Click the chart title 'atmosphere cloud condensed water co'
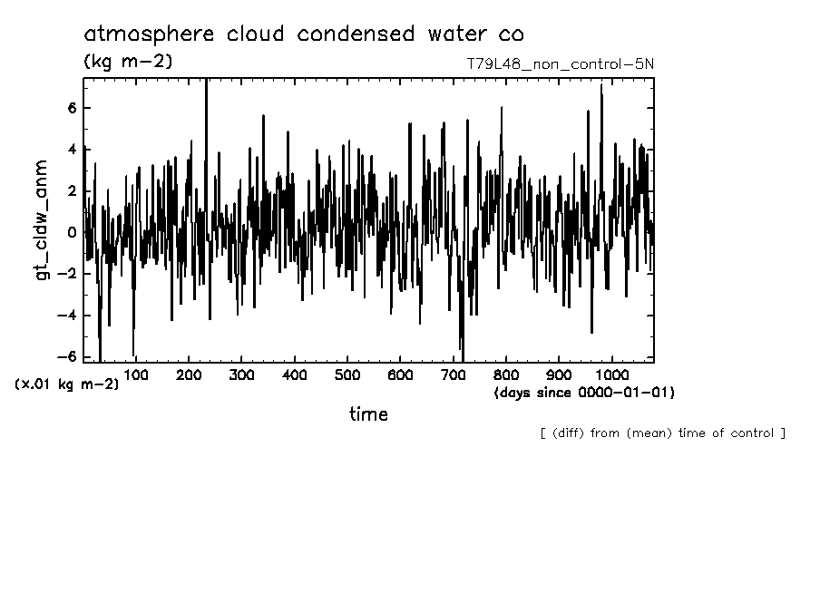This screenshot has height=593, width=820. (303, 34)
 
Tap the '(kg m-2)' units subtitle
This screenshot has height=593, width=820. (127, 62)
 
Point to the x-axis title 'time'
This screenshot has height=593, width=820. (368, 414)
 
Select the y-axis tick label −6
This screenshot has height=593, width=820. (71, 356)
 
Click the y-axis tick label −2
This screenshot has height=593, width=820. (71, 274)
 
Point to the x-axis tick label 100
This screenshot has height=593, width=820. (136, 375)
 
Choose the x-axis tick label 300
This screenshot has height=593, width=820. (241, 375)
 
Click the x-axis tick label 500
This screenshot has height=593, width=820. (347, 375)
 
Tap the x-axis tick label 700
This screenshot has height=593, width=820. (453, 375)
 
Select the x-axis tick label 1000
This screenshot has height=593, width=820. (611, 375)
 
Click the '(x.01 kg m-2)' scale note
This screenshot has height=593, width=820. (66, 384)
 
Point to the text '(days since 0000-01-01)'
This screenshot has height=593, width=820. (584, 394)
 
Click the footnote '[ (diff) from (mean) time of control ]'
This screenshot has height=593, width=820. (662, 433)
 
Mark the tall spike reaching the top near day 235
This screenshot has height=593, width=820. (207, 86)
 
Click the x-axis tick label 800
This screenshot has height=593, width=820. (506, 375)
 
